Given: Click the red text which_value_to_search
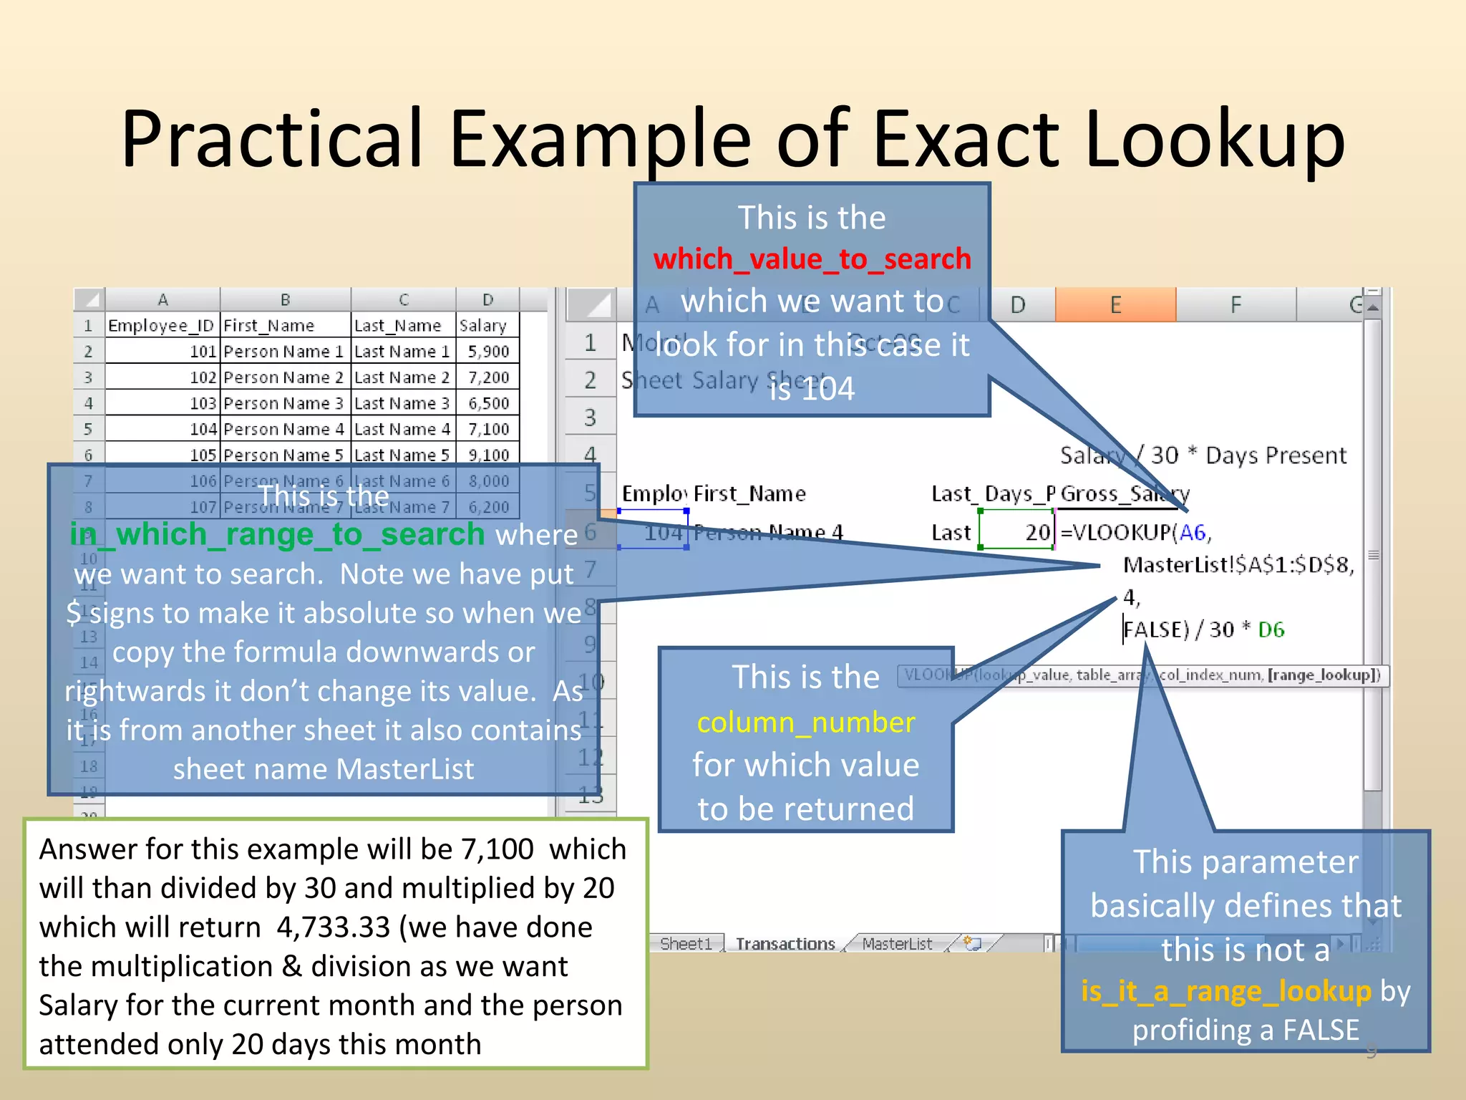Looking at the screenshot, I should [812, 259].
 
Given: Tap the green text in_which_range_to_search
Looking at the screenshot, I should [277, 534].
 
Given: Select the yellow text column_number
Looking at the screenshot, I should [806, 722].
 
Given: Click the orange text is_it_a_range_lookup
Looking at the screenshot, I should [1225, 990].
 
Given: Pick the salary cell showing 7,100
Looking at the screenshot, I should [488, 429].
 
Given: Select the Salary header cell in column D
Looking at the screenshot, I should [483, 326].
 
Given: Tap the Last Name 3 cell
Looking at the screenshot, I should [402, 403].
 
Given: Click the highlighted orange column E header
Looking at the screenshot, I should [1115, 305].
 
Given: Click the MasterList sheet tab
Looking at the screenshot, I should [896, 944].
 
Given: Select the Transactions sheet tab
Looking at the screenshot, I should [785, 944].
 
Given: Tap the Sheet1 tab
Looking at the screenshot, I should [685, 944].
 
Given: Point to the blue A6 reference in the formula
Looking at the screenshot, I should [1192, 532].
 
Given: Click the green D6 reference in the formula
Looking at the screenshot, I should [1271, 629].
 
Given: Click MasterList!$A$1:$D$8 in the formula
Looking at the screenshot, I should [1238, 565].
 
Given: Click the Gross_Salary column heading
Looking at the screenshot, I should [1123, 493].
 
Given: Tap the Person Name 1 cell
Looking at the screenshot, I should [283, 352].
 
